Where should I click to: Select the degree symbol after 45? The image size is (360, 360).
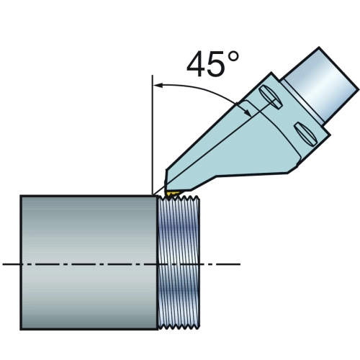pyautogui.click(x=233, y=57)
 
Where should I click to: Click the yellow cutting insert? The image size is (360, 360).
pyautogui.click(x=171, y=194)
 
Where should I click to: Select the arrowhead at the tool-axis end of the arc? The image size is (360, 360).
pyautogui.click(x=248, y=112)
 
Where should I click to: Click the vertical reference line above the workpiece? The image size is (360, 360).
pyautogui.click(x=153, y=135)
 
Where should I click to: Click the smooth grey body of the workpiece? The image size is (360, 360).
pyautogui.click(x=89, y=263)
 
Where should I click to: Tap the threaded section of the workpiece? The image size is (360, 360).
pyautogui.click(x=179, y=262)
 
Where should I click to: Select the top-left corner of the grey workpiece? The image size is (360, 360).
pyautogui.click(x=21, y=196)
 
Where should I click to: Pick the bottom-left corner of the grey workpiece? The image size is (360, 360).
pyautogui.click(x=21, y=330)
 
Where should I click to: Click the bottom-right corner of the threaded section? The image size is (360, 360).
pyautogui.click(x=199, y=328)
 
